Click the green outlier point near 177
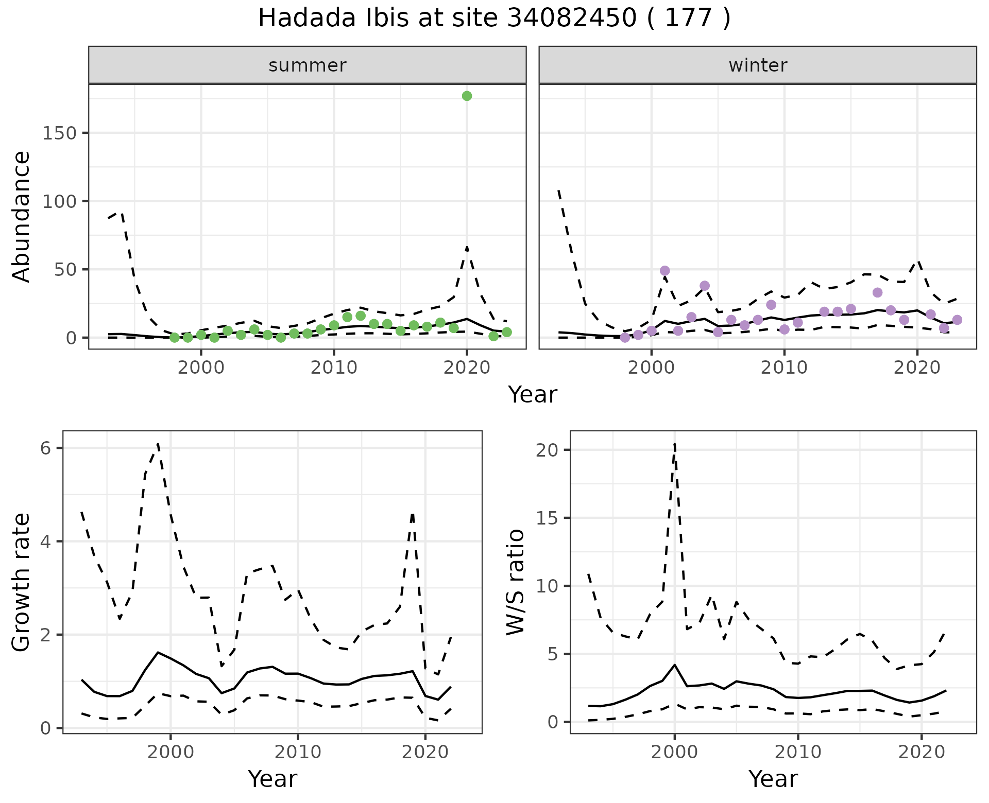coord(467,96)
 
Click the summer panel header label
coord(308,65)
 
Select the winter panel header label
coord(758,65)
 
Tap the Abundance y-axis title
coord(22,216)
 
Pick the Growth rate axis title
coord(22,583)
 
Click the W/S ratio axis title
coord(515,582)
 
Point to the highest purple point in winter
coord(664,271)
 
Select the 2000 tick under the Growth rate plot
coord(170,752)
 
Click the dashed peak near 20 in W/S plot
coord(674,444)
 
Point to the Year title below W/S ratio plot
coord(773,779)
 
